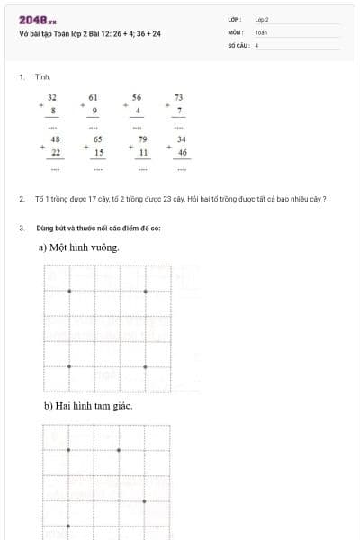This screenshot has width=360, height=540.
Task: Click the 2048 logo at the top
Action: tap(38, 20)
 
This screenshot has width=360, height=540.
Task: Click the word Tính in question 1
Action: tap(42, 77)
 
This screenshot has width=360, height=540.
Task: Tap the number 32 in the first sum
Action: tap(52, 97)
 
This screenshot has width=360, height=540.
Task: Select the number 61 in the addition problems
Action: tap(94, 97)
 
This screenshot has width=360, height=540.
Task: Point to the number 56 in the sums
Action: tap(137, 97)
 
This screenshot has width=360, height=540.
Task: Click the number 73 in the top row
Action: tap(179, 97)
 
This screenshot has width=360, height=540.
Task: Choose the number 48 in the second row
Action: tap(55, 139)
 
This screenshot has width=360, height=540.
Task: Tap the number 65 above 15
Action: tap(98, 139)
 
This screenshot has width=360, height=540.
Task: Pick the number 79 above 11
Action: tap(142, 139)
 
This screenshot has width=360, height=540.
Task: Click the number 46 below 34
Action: tap(182, 153)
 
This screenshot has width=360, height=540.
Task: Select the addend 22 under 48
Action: tap(56, 153)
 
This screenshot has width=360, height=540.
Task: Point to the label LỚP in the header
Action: tap(234, 19)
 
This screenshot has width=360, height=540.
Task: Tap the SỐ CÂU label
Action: tap(238, 44)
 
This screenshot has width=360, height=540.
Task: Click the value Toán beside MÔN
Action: tap(261, 31)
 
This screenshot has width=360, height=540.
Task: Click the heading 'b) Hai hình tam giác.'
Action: tap(88, 407)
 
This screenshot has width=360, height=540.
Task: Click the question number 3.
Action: tap(21, 228)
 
